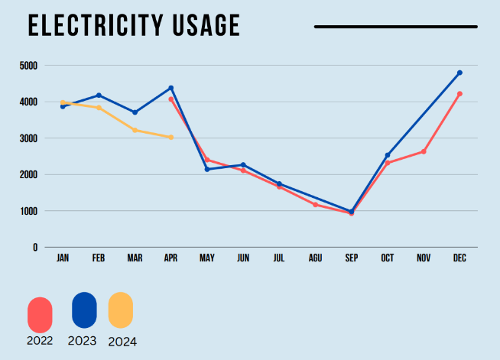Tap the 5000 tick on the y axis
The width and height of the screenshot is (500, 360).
tap(28, 66)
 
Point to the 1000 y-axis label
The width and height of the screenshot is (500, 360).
tap(28, 211)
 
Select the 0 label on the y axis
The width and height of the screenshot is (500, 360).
tap(34, 248)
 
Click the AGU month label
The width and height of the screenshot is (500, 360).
tap(315, 259)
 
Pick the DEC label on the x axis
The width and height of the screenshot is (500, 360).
tap(459, 259)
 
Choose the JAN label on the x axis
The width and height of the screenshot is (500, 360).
tap(63, 259)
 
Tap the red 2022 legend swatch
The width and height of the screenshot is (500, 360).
tap(40, 314)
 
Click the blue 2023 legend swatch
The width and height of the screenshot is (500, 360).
tap(84, 310)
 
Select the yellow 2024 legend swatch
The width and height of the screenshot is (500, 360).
tap(121, 310)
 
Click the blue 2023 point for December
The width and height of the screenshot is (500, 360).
tap(459, 73)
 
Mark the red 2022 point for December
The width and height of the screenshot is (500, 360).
tap(459, 94)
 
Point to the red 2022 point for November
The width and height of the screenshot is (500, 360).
tap(424, 151)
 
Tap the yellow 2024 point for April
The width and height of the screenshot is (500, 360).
tap(171, 138)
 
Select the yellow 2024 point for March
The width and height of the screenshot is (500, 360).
tap(135, 130)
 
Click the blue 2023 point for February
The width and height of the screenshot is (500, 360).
tap(99, 96)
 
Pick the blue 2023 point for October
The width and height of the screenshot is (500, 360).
tap(388, 155)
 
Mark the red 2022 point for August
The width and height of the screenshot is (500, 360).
tap(315, 204)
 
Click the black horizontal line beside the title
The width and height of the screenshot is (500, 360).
tap(396, 27)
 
